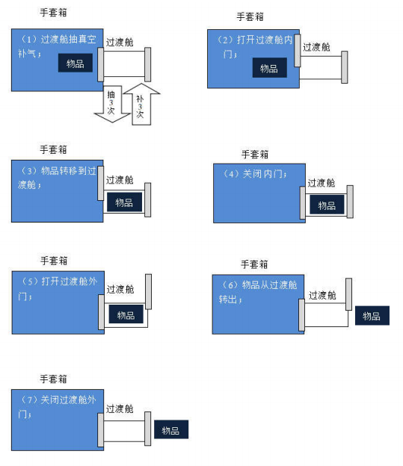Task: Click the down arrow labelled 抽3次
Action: tap(112, 104)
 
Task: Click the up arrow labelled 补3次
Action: tap(141, 104)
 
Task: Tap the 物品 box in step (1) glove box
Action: tap(76, 63)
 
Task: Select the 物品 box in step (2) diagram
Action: tap(270, 68)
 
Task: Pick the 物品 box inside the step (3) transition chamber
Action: tap(124, 202)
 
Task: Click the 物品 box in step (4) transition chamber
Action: tap(327, 205)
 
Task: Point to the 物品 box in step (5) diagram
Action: tap(126, 314)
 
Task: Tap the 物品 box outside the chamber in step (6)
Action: tap(372, 315)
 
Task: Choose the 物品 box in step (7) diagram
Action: tap(171, 429)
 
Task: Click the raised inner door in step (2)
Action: tap(298, 51)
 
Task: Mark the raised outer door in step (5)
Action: tap(148, 292)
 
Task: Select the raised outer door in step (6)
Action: tap(348, 294)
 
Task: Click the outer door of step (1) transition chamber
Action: tap(147, 64)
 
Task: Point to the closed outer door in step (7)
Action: tap(147, 429)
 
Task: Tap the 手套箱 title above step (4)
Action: tap(255, 155)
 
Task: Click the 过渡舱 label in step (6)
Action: tap(322, 295)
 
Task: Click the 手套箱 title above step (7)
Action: tap(54, 379)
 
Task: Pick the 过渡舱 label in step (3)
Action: tap(120, 180)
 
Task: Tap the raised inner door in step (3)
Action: tap(101, 184)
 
